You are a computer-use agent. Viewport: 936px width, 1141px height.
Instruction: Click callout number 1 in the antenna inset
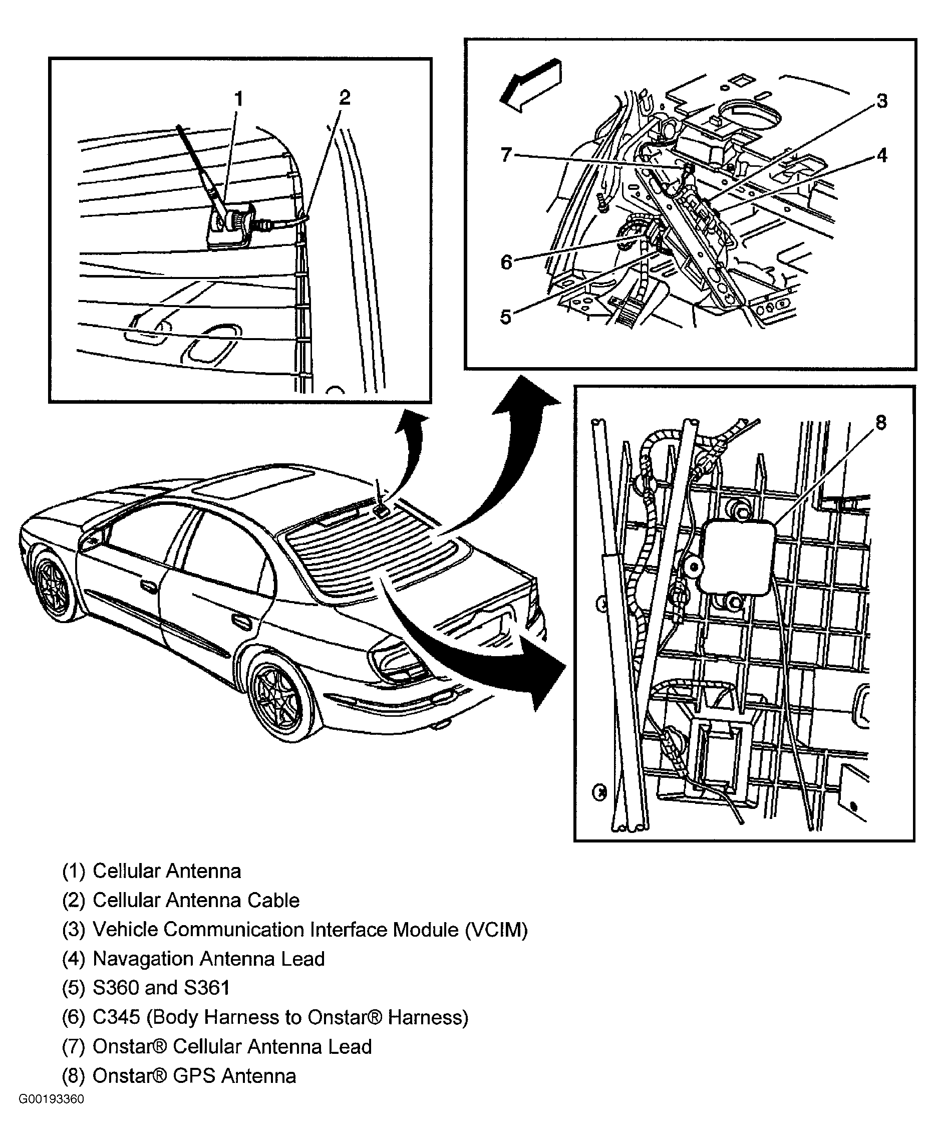pyautogui.click(x=238, y=99)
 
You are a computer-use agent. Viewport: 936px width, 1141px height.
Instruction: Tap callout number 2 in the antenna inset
pyautogui.click(x=345, y=98)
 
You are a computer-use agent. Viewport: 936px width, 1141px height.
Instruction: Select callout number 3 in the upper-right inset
pyautogui.click(x=881, y=101)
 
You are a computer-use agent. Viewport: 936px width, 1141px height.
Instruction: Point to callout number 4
pyautogui.click(x=881, y=155)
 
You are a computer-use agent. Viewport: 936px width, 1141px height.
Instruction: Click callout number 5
pyautogui.click(x=505, y=317)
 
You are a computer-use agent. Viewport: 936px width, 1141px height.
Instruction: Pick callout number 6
pyautogui.click(x=506, y=262)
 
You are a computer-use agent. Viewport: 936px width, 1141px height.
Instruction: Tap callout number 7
pyautogui.click(x=505, y=155)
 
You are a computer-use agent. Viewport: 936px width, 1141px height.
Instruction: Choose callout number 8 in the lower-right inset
pyautogui.click(x=880, y=422)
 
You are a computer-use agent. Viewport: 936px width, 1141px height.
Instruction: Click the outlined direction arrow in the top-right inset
pyautogui.click(x=530, y=86)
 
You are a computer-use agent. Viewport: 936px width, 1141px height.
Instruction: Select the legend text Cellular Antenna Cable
pyautogui.click(x=196, y=900)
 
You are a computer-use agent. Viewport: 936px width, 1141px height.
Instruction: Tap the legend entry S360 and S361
pyautogui.click(x=161, y=987)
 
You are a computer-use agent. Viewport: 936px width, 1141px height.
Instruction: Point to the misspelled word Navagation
pyautogui.click(x=143, y=958)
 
